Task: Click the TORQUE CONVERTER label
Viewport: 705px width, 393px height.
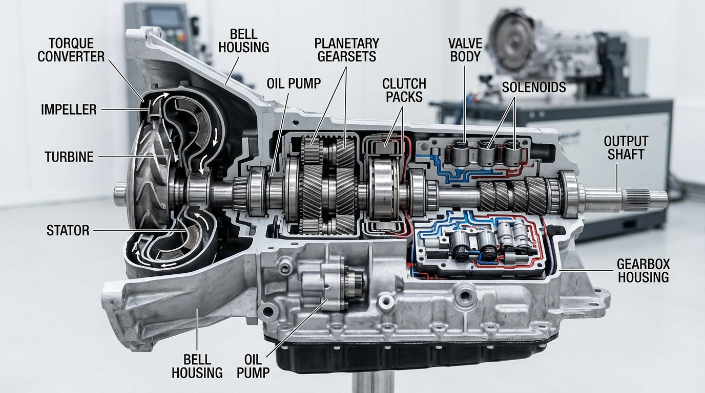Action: point(71,50)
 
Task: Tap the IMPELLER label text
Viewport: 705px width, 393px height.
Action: point(69,110)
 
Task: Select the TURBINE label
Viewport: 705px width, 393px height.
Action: point(69,157)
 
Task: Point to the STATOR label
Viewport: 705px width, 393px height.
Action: point(68,230)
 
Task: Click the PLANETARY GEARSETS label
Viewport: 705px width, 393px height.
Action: point(346,50)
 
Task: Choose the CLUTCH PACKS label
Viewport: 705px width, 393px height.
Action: point(404,90)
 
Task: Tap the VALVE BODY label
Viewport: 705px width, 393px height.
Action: point(465,50)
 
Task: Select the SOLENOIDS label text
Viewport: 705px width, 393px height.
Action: point(534,87)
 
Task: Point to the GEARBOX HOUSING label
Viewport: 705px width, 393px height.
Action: point(644,271)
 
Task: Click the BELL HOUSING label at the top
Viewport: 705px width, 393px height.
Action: point(243,41)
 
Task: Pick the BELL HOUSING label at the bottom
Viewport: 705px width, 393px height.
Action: point(197,366)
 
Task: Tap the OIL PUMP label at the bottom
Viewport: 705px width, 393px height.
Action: point(253,366)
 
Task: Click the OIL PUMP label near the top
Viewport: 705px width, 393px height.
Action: point(294,83)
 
